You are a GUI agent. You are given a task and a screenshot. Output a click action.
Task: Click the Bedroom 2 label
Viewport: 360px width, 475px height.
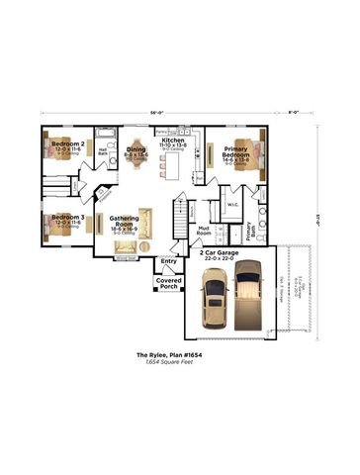[68, 143]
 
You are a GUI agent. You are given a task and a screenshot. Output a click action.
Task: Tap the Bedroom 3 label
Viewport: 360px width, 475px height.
[68, 217]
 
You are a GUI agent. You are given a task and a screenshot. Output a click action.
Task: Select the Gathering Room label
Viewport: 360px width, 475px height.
[124, 220]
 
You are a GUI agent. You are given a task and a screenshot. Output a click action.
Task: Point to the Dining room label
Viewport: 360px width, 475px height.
[135, 149]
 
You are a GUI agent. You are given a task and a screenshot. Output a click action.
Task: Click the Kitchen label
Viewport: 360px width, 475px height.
[173, 142]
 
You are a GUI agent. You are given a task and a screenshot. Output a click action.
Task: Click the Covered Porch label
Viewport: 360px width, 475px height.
[167, 285]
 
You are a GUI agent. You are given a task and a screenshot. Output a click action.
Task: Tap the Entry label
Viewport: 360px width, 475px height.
[168, 261]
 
